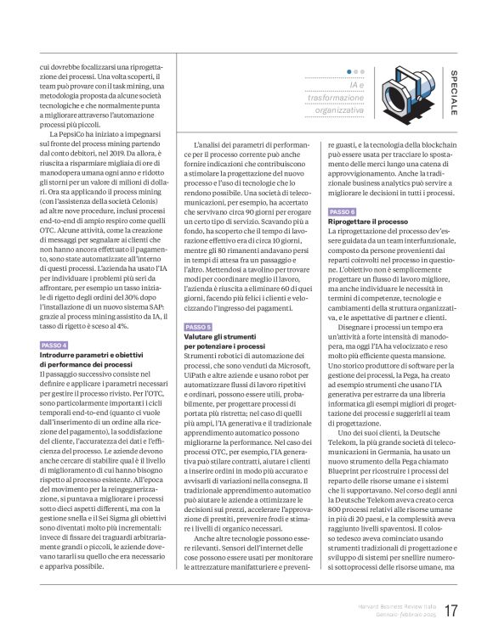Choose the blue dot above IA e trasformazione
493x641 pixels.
tap(349, 72)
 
